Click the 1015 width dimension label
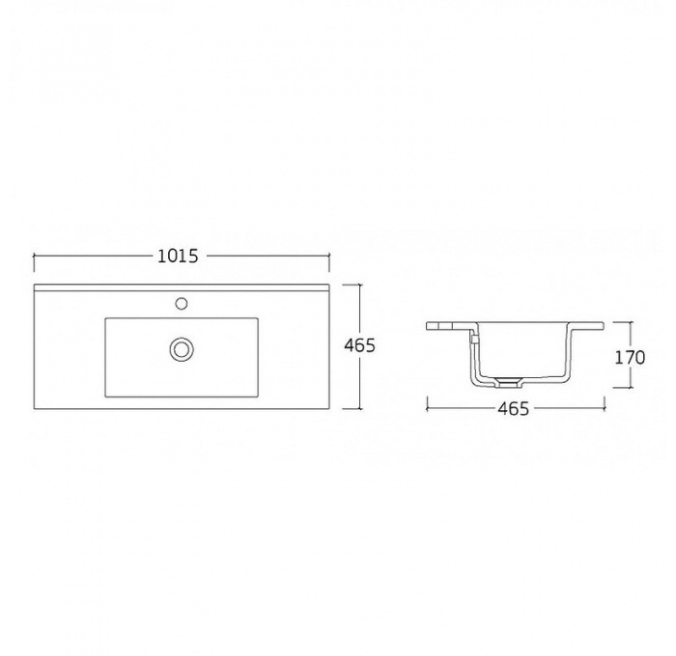coord(178,257)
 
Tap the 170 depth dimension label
coord(630,358)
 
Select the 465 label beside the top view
coord(359,345)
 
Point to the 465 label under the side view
coord(513,408)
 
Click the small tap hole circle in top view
coord(182,303)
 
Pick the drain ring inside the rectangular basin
coord(182,349)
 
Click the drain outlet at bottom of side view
coord(507,382)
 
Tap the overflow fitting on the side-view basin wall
coord(473,339)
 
